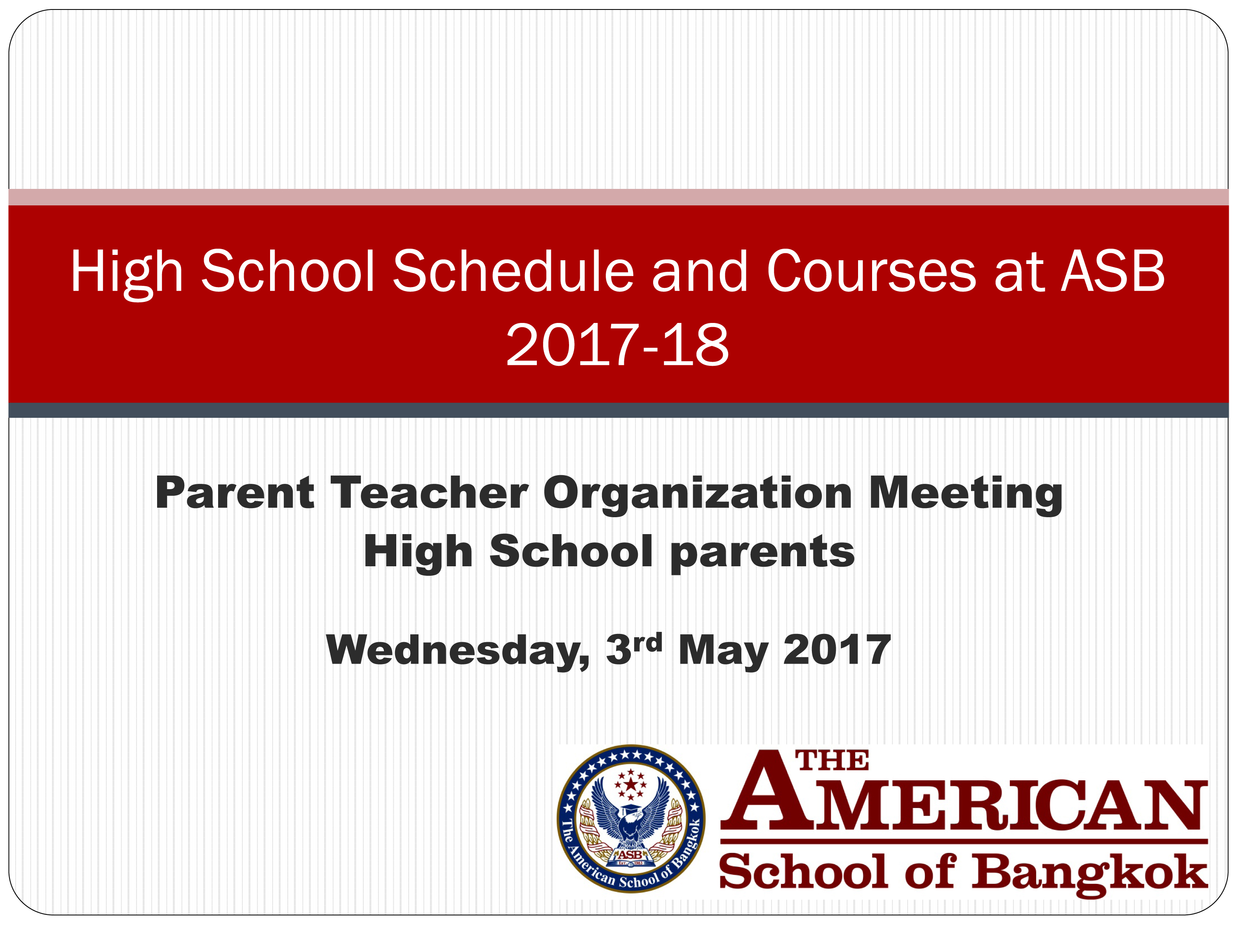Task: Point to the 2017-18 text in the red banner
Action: [x=617, y=345]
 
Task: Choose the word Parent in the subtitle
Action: [x=235, y=493]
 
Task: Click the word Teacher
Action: [x=430, y=493]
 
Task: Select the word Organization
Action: [x=697, y=495]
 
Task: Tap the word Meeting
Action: [x=966, y=495]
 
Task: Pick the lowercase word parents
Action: [x=762, y=554]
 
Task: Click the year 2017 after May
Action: [x=837, y=650]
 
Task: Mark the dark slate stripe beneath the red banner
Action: [x=618, y=410]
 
